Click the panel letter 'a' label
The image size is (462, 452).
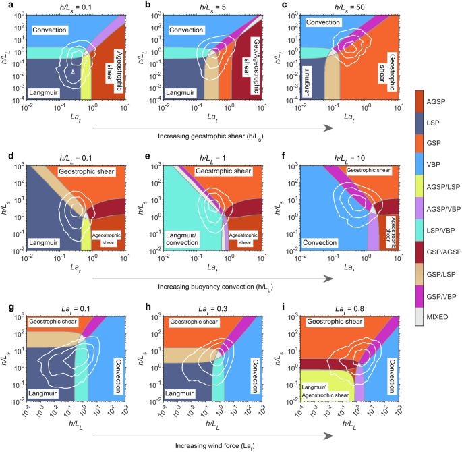5,4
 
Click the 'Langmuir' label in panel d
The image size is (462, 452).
46,258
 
